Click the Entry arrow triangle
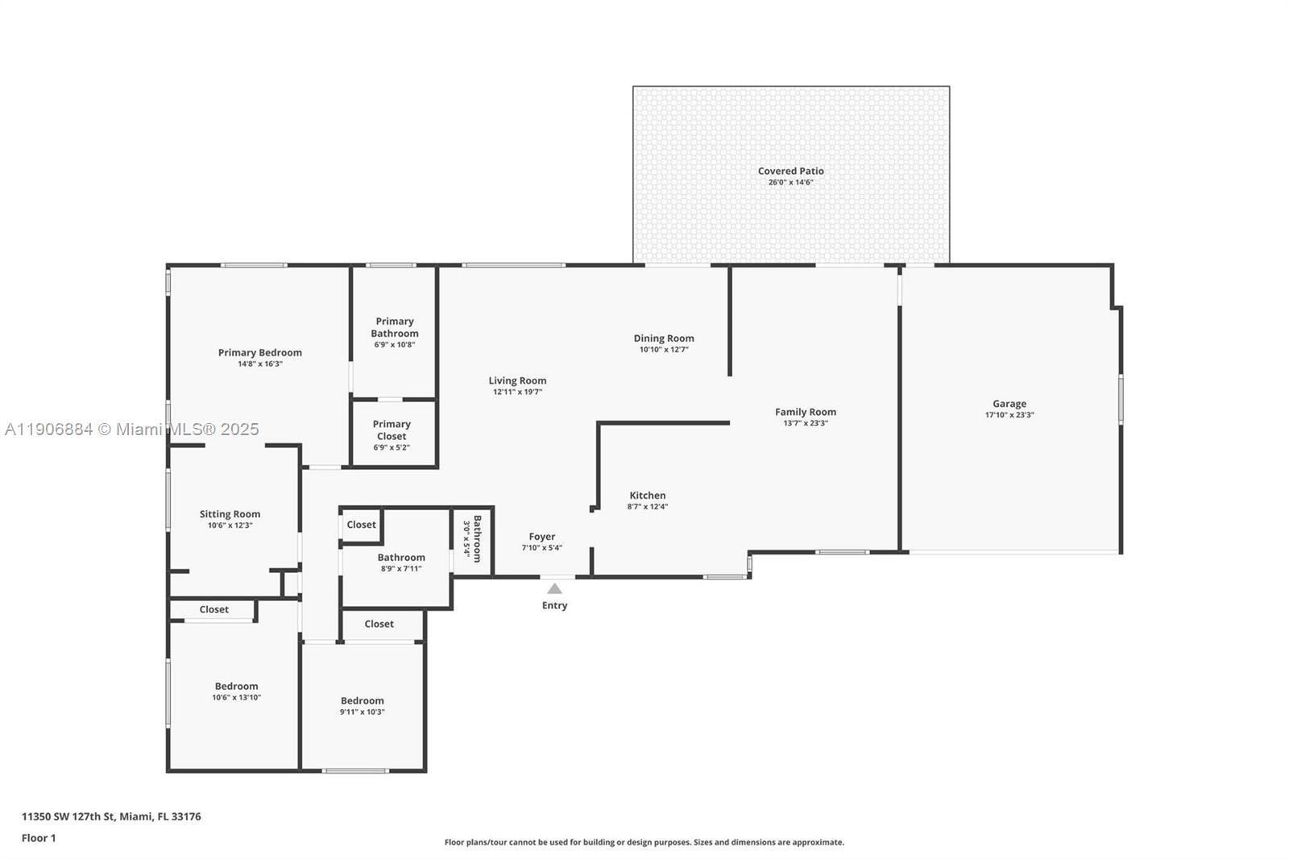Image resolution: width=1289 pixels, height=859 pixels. coord(554,589)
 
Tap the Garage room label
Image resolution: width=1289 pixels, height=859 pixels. coord(1009,404)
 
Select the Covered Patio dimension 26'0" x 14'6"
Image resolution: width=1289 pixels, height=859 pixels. coord(790,182)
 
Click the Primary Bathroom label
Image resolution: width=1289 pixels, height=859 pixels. coord(395,327)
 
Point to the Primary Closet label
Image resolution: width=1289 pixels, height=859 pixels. coord(392,429)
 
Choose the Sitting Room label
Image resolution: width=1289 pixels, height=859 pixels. coord(230,514)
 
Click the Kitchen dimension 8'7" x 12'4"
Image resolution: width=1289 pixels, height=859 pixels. coord(647,507)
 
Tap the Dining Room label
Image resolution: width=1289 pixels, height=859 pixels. coord(663,338)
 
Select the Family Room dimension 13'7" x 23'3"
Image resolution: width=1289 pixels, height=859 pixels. coord(805,423)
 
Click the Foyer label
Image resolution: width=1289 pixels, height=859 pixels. coord(541,537)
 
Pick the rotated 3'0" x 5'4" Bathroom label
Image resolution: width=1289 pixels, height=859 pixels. coord(477,538)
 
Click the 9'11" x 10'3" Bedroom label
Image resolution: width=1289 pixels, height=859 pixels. coord(362,701)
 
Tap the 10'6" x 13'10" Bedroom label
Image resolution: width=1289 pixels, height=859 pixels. coord(236,687)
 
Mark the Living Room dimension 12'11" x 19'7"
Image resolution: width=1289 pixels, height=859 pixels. coord(517,392)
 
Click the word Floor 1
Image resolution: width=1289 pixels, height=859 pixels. coord(39,838)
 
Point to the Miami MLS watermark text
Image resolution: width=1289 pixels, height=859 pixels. coord(132,429)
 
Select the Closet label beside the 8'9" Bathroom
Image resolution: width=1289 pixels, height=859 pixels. coord(361,525)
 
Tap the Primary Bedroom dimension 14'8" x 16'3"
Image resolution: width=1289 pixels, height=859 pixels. coord(259,363)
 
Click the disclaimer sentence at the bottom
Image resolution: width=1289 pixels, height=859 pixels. coord(644,842)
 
